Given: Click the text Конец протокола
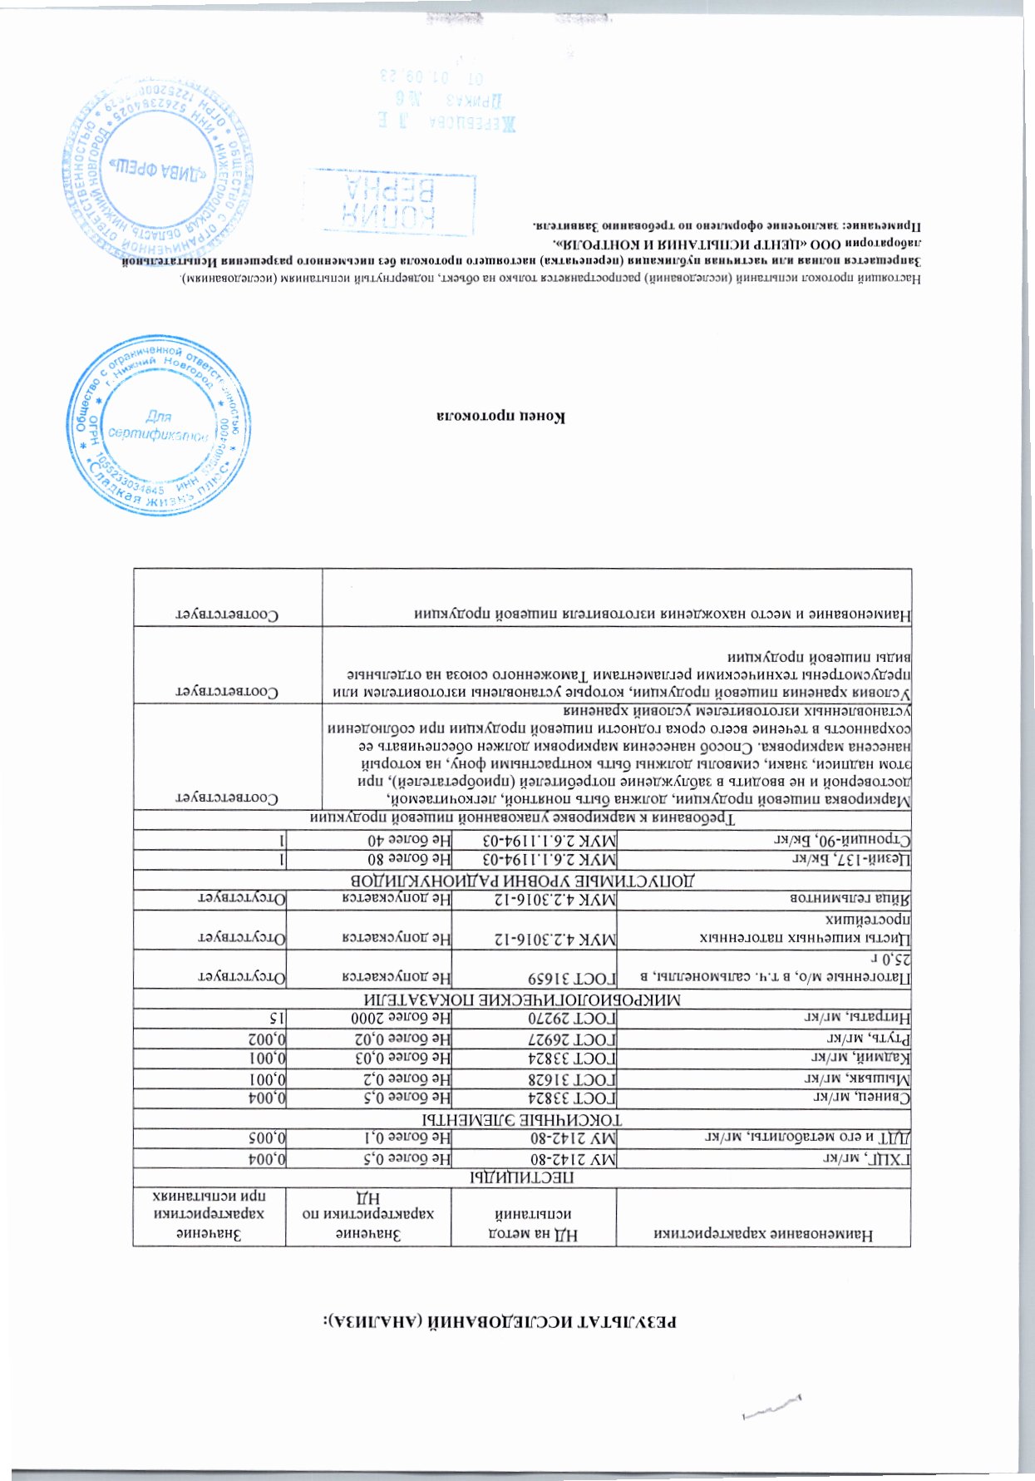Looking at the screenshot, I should tap(500, 415).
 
